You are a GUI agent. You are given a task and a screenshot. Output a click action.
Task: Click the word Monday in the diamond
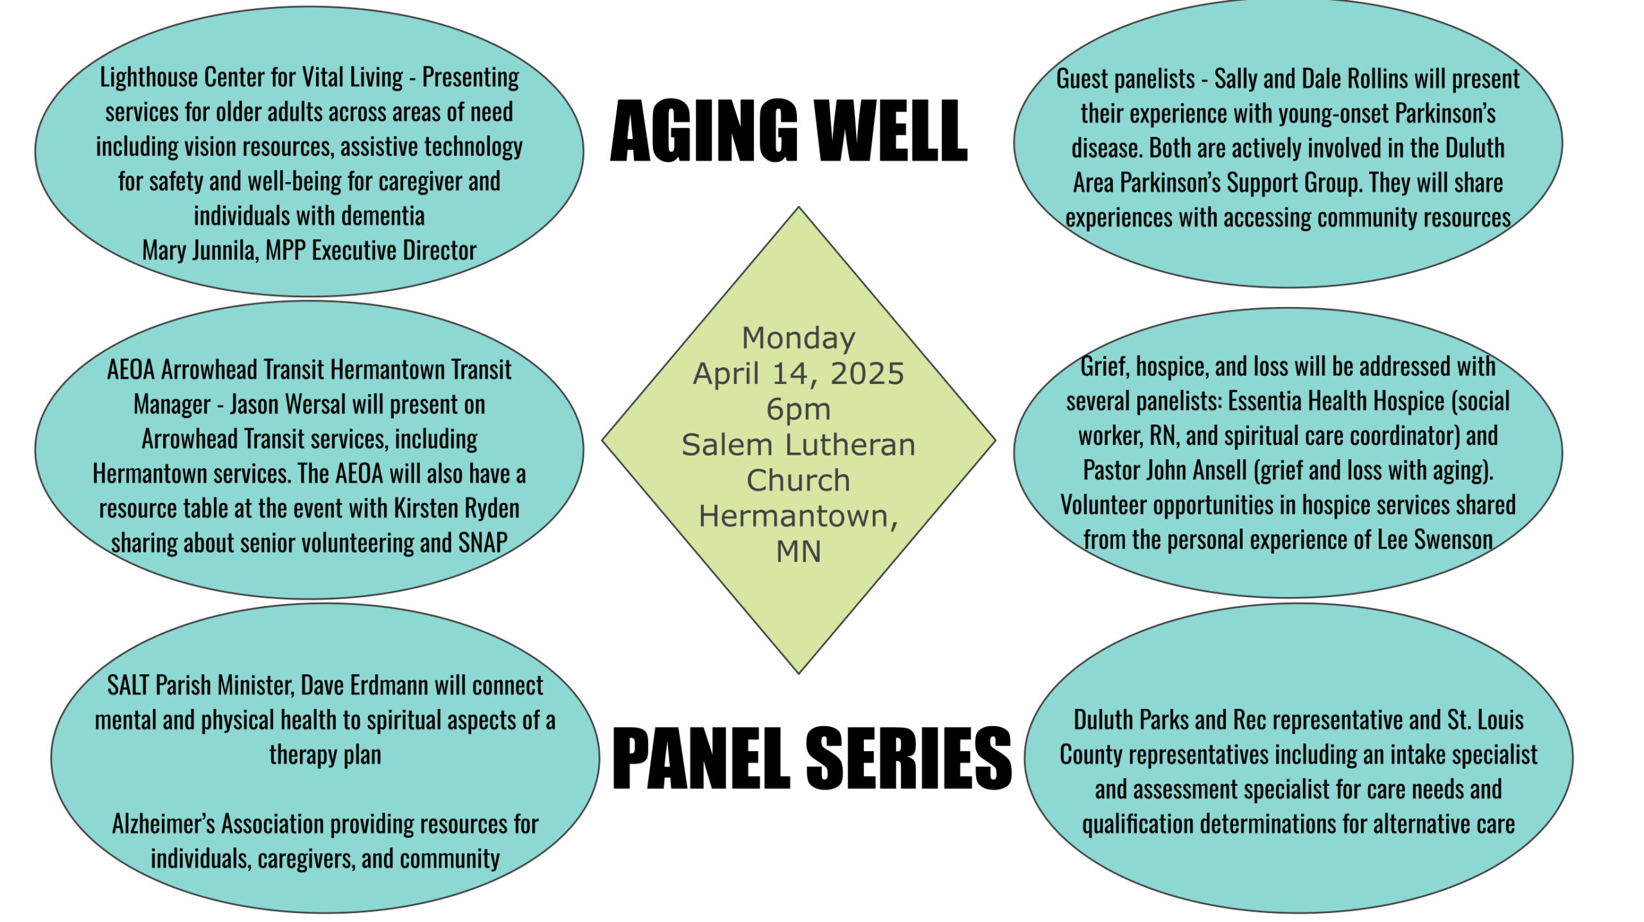798,338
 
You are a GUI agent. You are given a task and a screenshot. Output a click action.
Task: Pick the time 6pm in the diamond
798,410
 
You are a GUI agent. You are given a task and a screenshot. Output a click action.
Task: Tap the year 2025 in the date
867,374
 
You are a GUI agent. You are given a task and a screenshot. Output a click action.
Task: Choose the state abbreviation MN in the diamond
798,552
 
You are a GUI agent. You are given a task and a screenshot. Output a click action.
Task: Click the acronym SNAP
483,543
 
